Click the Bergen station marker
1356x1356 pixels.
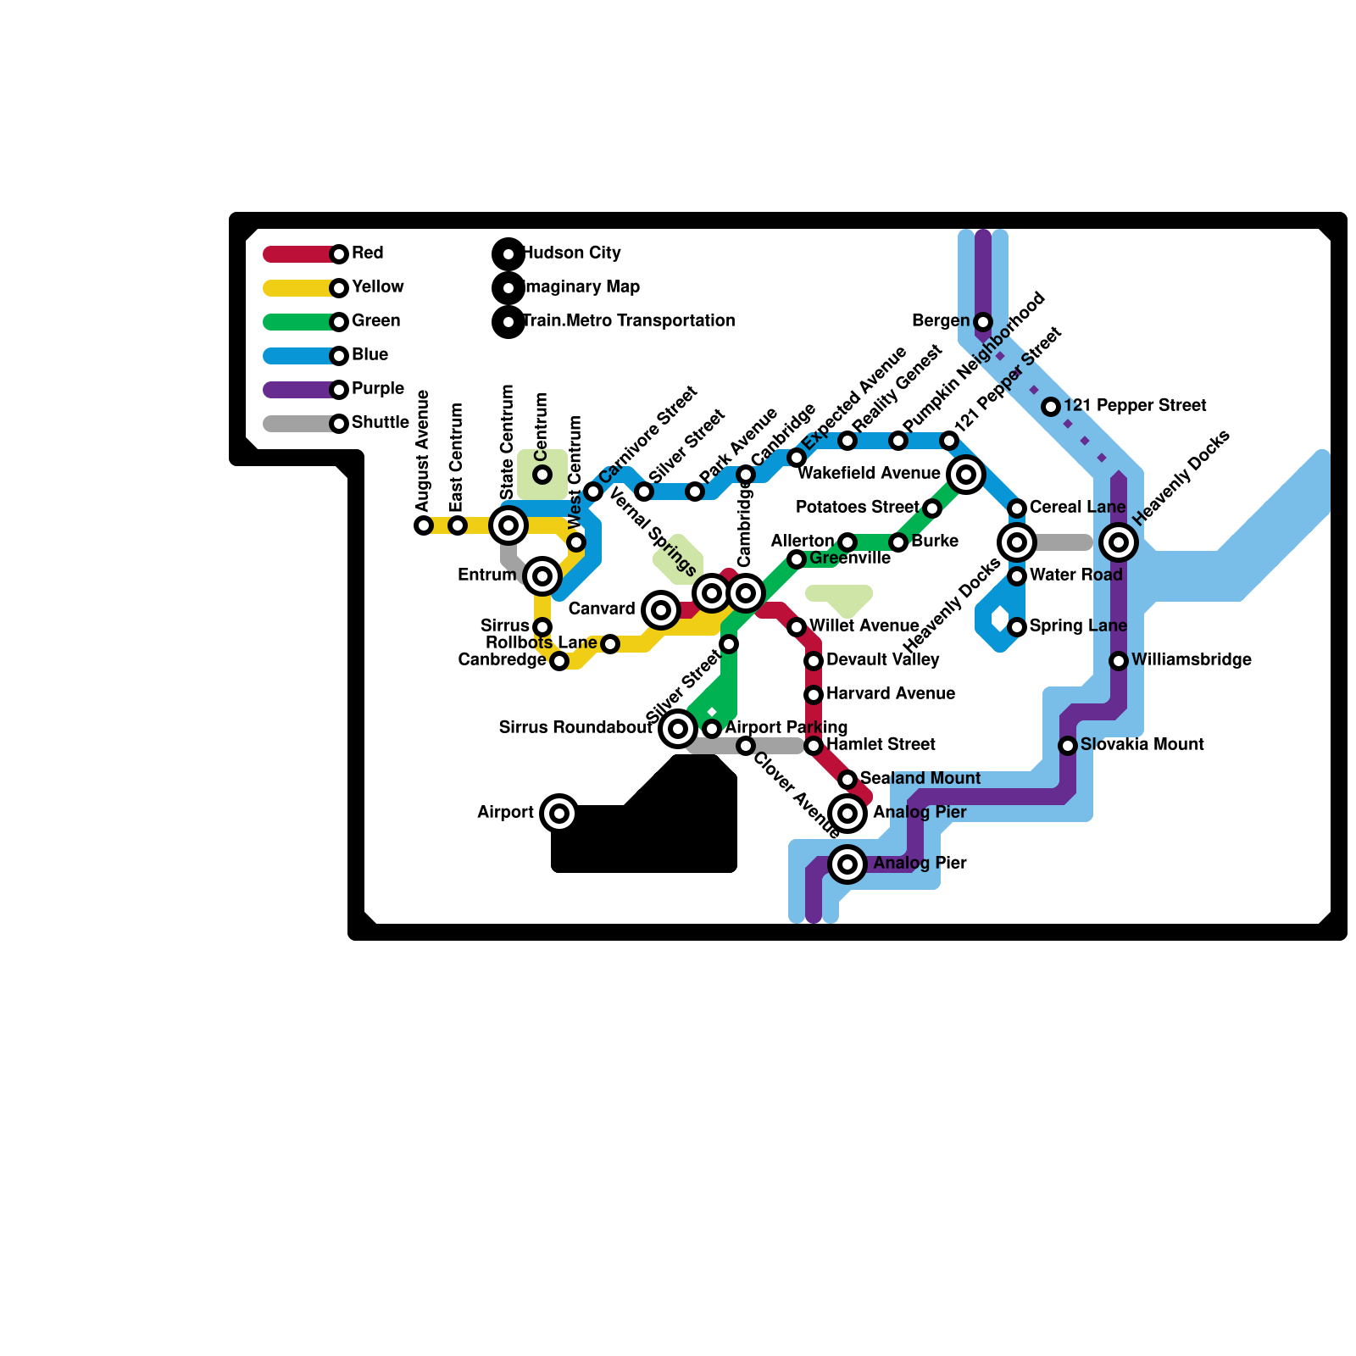983,322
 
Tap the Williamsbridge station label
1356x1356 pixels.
1191,660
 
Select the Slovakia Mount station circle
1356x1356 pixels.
1068,746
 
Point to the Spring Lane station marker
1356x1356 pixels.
1017,627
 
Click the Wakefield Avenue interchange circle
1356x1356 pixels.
966,475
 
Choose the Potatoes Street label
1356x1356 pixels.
857,508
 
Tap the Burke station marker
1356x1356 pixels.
898,542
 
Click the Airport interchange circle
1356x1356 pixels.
559,814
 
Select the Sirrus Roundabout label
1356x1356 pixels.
575,728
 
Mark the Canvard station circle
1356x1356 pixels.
661,610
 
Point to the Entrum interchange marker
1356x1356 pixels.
542,576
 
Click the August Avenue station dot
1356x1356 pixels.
424,525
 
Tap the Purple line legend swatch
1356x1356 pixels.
301,390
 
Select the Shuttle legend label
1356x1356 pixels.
381,423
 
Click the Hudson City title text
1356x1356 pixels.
572,253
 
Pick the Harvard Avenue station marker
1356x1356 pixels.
814,695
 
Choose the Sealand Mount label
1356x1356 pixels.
920,779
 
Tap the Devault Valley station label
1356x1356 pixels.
882,660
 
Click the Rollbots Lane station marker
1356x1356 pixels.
610,644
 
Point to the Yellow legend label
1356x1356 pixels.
378,287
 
